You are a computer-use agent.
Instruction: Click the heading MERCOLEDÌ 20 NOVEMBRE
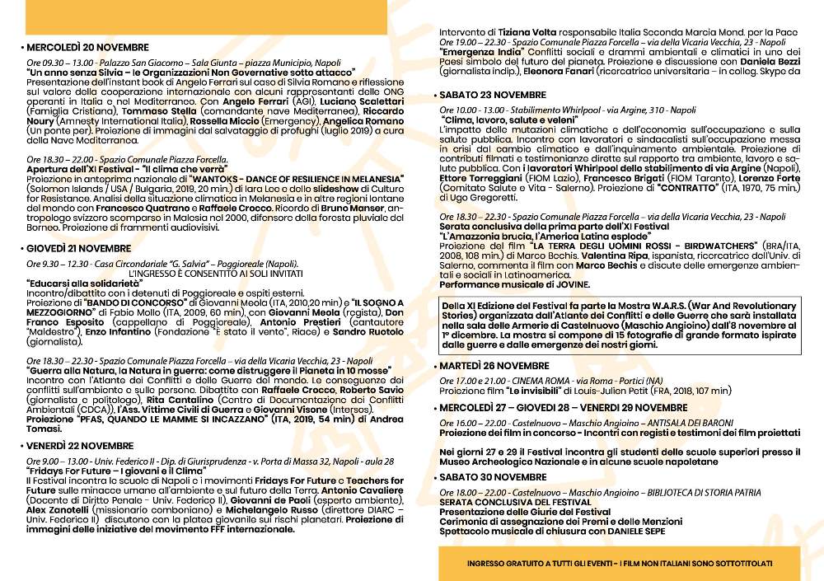[x=87, y=48]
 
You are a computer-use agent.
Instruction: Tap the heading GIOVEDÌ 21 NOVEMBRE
[x=80, y=248]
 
